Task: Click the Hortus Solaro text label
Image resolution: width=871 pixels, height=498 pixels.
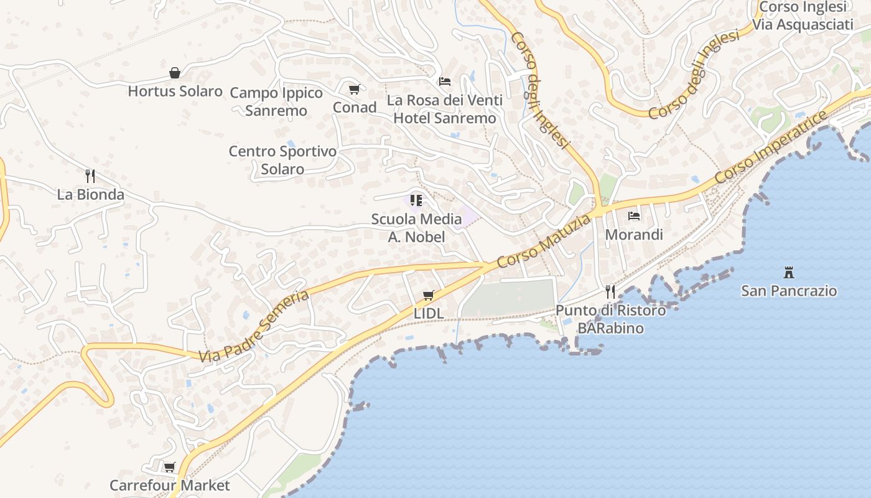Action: tap(175, 92)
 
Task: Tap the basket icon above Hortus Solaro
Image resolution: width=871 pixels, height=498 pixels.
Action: tap(175, 73)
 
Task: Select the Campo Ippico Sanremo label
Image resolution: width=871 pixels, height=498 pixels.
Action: tap(276, 101)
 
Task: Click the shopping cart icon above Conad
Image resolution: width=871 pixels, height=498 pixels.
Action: tap(354, 90)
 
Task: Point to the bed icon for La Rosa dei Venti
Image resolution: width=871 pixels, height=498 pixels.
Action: tap(445, 82)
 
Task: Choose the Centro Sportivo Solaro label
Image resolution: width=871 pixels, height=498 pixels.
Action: tap(282, 160)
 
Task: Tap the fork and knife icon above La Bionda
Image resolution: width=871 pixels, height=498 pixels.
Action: tap(90, 176)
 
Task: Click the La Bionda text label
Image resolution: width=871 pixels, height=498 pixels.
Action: tap(91, 194)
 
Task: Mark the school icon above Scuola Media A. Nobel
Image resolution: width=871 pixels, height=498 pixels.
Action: tap(416, 200)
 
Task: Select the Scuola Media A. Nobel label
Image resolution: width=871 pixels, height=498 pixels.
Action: tap(417, 228)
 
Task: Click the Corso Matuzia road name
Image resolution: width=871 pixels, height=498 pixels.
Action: tap(544, 242)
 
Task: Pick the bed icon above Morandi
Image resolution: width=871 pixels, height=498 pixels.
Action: tap(634, 216)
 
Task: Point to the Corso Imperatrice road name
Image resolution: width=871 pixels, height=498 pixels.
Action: tap(771, 148)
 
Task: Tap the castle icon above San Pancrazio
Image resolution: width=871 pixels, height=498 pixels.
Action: tap(789, 272)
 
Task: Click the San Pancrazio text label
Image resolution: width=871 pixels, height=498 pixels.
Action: tap(789, 291)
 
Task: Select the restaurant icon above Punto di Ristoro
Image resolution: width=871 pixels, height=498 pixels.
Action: tap(610, 292)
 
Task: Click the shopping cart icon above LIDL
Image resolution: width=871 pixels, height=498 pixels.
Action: tap(428, 295)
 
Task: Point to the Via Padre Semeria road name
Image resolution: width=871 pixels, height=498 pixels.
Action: tap(254, 326)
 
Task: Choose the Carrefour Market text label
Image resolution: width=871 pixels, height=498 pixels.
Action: tap(170, 485)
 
